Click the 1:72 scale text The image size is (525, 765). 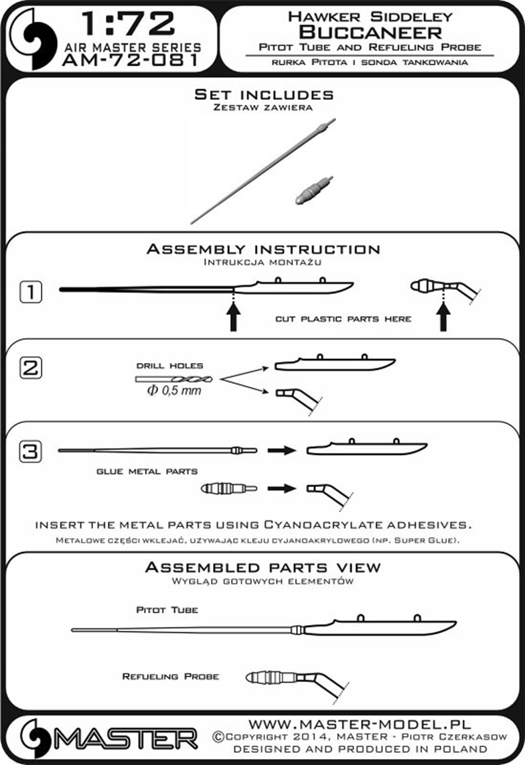tap(128, 24)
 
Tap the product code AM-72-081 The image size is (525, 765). tap(131, 60)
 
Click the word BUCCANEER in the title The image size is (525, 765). tap(370, 32)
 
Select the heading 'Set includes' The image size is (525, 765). tap(264, 94)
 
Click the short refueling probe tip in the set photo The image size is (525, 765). tap(315, 190)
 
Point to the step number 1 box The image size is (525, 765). tap(31, 292)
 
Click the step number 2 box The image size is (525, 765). tap(31, 367)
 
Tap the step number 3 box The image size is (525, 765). tap(31, 451)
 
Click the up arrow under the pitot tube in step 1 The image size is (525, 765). tap(234, 317)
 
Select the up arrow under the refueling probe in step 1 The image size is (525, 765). tap(443, 317)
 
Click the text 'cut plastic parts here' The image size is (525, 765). tap(344, 319)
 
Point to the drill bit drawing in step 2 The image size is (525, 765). tap(174, 379)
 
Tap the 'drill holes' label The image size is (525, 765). tap(170, 366)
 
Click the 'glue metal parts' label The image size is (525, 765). tap(147, 472)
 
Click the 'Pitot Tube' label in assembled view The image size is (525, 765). tap(167, 610)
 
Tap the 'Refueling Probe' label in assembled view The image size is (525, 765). tap(170, 676)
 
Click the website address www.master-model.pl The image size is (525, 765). tap(360, 724)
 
